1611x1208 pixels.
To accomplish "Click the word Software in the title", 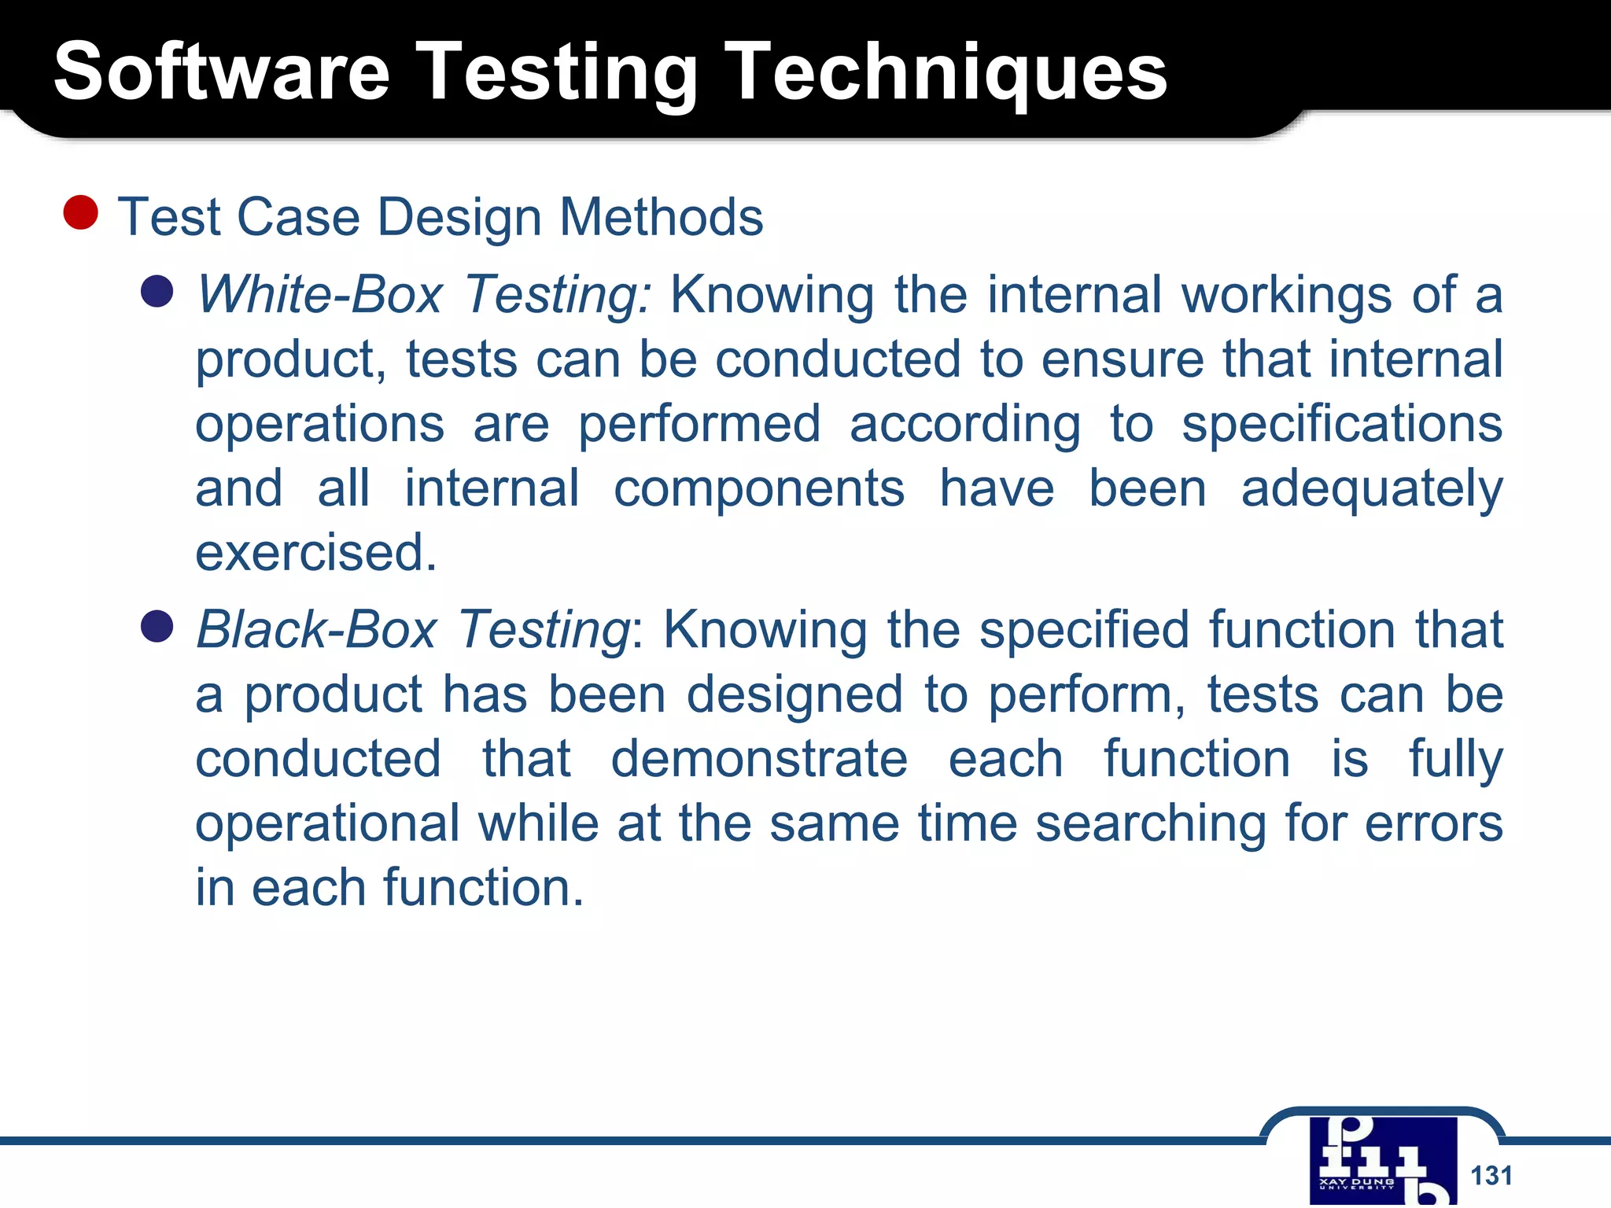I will click(222, 72).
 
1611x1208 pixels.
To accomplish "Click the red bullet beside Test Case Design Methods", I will click(80, 213).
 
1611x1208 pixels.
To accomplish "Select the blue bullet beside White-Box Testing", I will click(157, 291).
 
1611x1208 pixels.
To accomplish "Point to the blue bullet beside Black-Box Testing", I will click(157, 627).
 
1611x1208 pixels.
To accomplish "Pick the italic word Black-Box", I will click(316, 630).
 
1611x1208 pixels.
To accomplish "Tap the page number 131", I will click(1491, 1175).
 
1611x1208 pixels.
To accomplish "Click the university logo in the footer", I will click(1383, 1161).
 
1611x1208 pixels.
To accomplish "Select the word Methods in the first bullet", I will click(661, 217).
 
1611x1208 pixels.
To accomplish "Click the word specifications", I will click(1342, 424).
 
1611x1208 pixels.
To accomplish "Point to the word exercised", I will click(315, 553).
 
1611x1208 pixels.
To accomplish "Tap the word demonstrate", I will click(759, 759).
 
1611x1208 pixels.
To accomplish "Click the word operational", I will click(327, 823).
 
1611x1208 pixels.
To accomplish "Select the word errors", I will click(1433, 823).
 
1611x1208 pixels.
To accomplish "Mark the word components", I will click(759, 488).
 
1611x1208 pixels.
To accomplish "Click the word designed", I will click(794, 694).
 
